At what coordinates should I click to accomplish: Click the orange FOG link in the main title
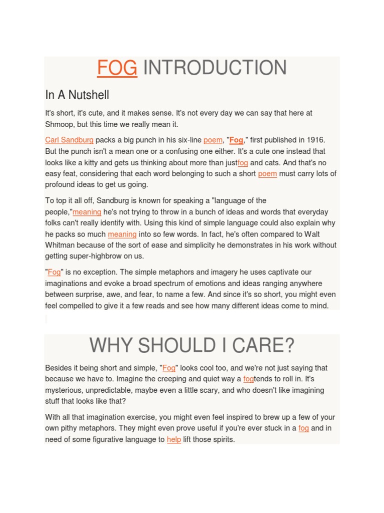click(x=117, y=68)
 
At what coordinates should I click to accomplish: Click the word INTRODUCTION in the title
click(x=215, y=68)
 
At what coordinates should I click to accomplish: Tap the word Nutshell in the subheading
click(x=89, y=95)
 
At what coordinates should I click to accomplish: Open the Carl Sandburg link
click(x=69, y=140)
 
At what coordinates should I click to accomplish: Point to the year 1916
click(x=315, y=140)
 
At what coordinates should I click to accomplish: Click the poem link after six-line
click(x=212, y=140)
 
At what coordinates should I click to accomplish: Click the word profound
click(x=59, y=184)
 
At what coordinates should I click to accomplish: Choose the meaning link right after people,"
click(x=87, y=212)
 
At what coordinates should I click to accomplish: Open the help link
click(x=174, y=439)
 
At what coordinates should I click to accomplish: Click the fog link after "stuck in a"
click(x=303, y=428)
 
